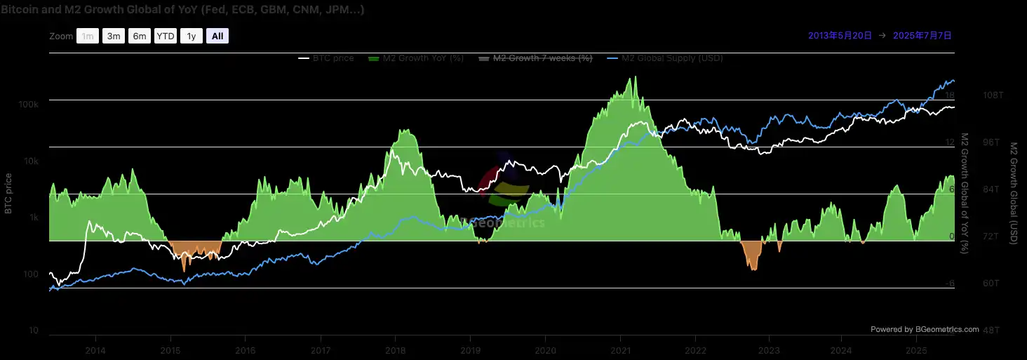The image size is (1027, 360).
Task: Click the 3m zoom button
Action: (113, 36)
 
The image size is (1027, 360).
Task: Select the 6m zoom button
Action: (140, 36)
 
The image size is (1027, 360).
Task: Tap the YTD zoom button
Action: (166, 36)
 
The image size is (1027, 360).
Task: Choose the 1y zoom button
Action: (191, 36)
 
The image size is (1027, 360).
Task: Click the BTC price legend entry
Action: (326, 58)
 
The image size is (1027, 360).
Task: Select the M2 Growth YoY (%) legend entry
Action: (415, 58)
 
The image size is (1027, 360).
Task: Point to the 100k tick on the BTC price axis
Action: (28, 105)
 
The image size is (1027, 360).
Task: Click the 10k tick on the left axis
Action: (30, 161)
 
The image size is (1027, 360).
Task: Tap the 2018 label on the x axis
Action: (395, 350)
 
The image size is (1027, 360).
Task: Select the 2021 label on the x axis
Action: (620, 350)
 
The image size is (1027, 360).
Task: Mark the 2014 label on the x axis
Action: (95, 350)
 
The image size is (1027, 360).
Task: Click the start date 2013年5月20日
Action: (840, 35)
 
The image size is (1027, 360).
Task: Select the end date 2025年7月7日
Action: (922, 35)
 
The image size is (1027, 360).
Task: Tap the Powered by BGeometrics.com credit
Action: (925, 329)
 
